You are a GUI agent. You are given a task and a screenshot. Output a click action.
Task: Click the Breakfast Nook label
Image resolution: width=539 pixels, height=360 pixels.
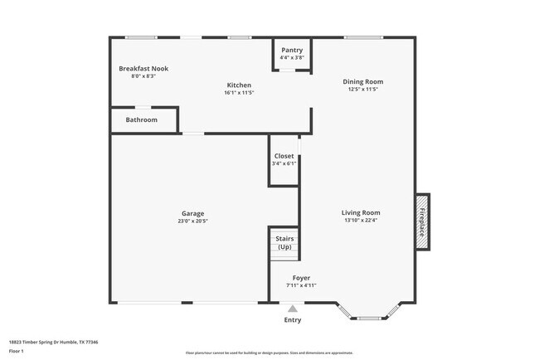tap(143, 68)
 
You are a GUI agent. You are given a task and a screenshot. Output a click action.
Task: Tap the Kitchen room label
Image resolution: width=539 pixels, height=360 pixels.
tap(239, 85)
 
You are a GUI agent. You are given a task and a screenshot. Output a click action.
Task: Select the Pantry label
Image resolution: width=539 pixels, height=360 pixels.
tap(292, 50)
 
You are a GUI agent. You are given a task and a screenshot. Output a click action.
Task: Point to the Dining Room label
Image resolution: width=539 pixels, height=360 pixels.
tap(363, 81)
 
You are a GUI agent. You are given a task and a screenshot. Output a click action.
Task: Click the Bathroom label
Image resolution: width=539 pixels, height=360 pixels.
tap(142, 119)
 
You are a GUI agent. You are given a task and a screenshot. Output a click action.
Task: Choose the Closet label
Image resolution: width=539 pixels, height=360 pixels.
tap(284, 156)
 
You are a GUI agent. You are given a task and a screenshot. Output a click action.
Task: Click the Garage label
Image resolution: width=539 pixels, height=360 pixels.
tap(192, 213)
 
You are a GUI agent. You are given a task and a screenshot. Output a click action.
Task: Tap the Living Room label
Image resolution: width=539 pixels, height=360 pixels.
tap(361, 212)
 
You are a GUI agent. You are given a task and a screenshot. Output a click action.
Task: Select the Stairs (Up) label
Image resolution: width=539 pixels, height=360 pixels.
tap(284, 243)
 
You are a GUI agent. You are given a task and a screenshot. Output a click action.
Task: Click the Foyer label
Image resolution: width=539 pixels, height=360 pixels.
tap(301, 278)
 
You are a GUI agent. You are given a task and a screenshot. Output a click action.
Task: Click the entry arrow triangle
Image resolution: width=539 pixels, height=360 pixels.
tap(292, 309)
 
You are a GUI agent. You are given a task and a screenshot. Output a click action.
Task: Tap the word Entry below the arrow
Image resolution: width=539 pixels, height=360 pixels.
tap(293, 320)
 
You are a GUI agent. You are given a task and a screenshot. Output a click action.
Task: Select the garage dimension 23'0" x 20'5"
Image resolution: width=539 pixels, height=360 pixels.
tap(192, 221)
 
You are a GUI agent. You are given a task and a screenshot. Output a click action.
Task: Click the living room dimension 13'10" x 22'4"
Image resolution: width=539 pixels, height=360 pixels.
tap(361, 221)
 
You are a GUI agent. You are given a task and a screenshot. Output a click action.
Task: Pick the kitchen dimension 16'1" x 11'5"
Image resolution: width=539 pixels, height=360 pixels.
tap(239, 93)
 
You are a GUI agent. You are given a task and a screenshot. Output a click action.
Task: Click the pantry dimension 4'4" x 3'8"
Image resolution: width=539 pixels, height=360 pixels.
tap(292, 58)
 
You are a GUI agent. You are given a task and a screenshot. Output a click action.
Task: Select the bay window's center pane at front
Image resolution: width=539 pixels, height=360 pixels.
tap(369, 318)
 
